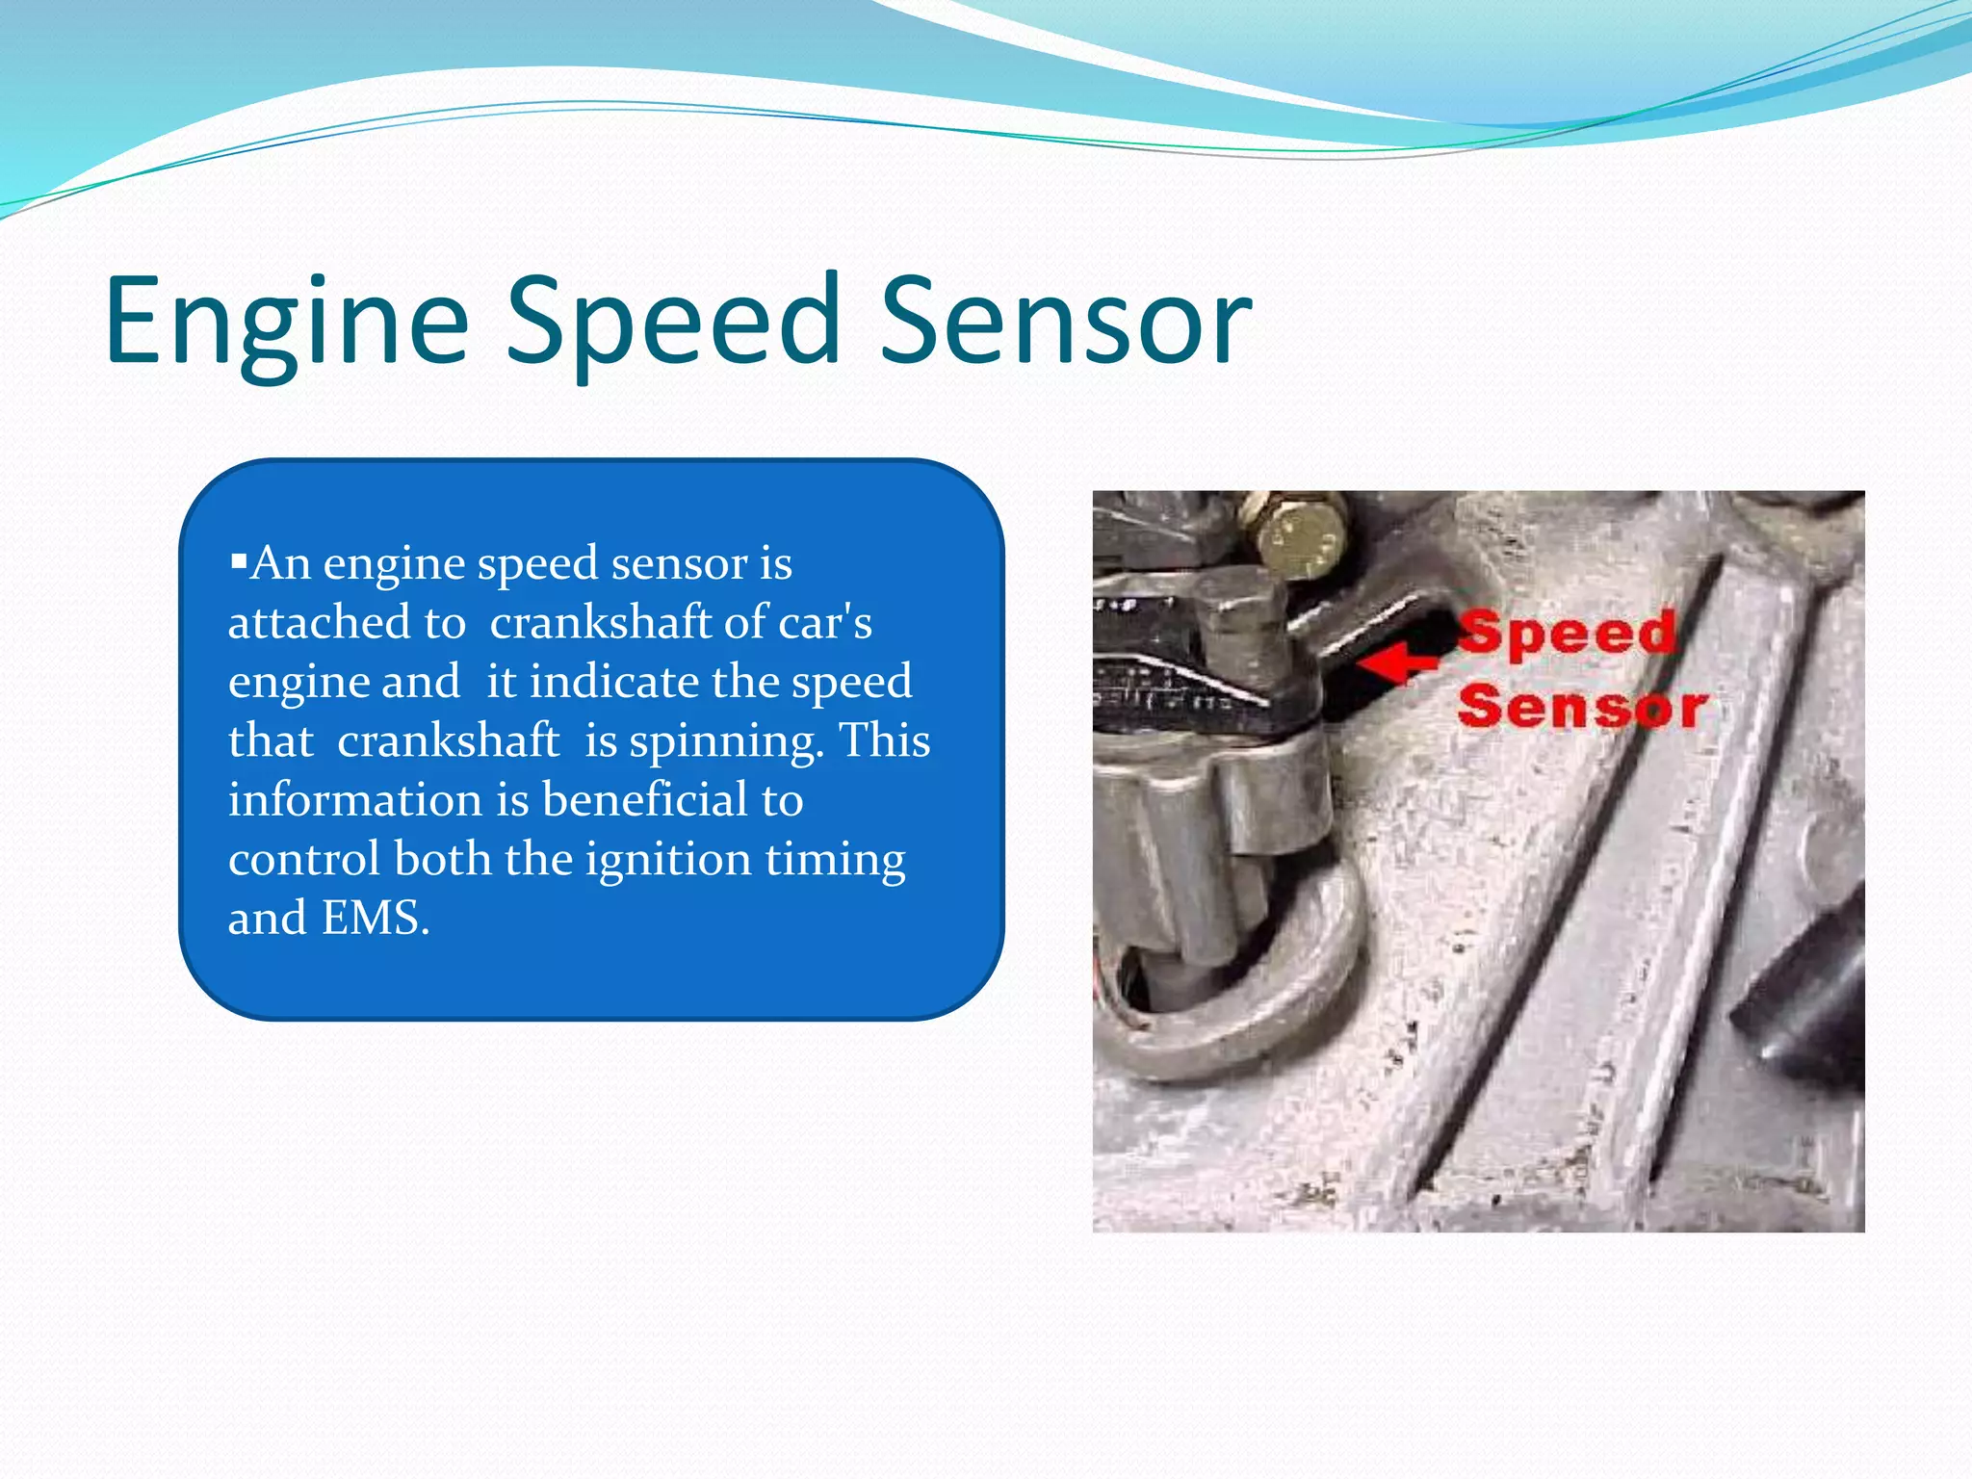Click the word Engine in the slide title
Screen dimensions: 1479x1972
click(x=287, y=323)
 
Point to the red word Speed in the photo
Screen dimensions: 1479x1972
click(x=1568, y=634)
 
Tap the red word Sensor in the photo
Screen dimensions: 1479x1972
click(x=1583, y=708)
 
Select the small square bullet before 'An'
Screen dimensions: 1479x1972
click(x=239, y=559)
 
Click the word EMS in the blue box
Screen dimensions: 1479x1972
click(x=375, y=918)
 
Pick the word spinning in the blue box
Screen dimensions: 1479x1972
click(x=726, y=741)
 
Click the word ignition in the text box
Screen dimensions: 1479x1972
click(x=668, y=860)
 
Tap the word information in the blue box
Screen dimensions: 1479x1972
click(x=355, y=800)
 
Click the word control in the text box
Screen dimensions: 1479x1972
click(x=304, y=860)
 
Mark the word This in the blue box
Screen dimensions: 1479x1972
click(x=884, y=741)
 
